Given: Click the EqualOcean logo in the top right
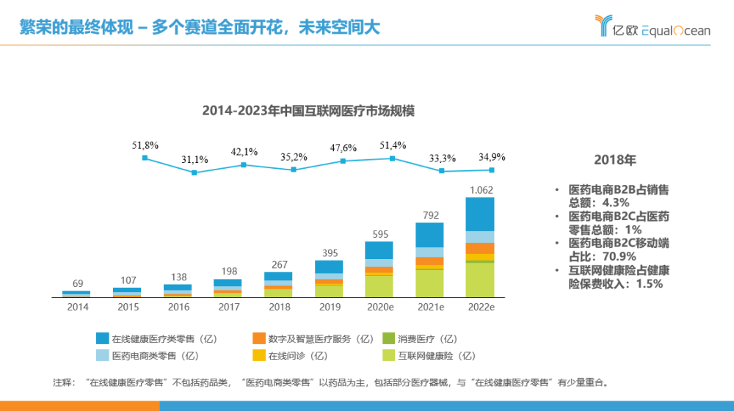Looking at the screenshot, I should pos(653,28).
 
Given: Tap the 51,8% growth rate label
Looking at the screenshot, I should pos(145,146).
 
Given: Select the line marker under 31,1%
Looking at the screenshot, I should pos(195,173).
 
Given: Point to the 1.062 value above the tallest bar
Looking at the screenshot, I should pos(481,190).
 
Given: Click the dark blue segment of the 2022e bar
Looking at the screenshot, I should pos(480,214).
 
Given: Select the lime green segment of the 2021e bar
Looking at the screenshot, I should pos(430,283).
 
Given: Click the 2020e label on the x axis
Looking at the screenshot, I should pos(379,307).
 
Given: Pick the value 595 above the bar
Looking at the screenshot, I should pos(379,234).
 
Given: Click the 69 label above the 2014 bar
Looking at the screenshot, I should pos(76,283).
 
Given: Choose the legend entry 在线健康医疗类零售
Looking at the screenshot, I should pos(164,339).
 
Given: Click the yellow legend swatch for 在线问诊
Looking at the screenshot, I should pos(259,356).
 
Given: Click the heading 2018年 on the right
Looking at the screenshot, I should pos(614,160).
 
